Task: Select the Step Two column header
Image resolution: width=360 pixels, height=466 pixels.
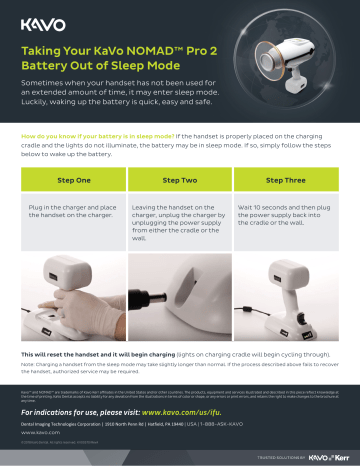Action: pyautogui.click(x=180, y=179)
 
